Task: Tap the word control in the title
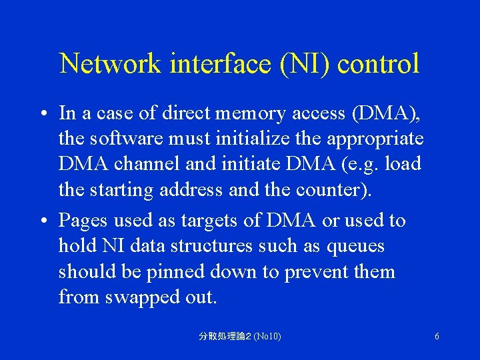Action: tap(378, 64)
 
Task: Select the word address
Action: tap(190, 189)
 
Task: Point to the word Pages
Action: tap(82, 221)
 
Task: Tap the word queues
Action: tap(355, 247)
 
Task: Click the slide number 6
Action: tap(437, 337)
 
